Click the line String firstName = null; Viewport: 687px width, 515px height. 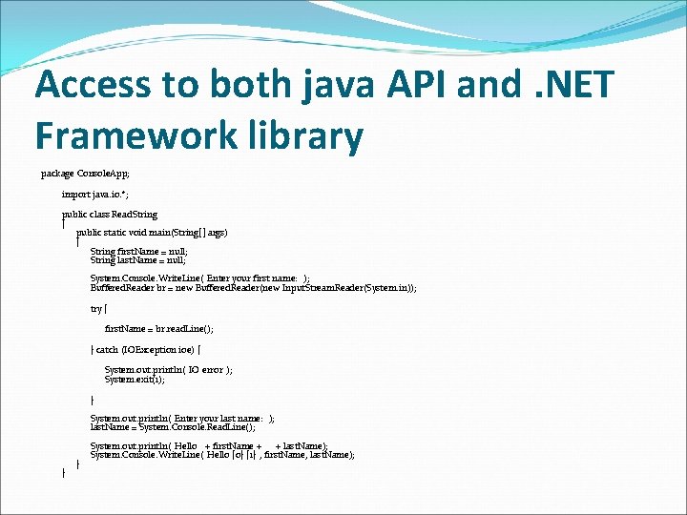(138, 252)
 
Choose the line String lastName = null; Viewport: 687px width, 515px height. (138, 259)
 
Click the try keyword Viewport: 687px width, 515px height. (95, 309)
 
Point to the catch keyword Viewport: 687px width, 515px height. (107, 350)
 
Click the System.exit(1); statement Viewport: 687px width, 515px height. (135, 379)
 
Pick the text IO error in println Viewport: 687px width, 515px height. (205, 370)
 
